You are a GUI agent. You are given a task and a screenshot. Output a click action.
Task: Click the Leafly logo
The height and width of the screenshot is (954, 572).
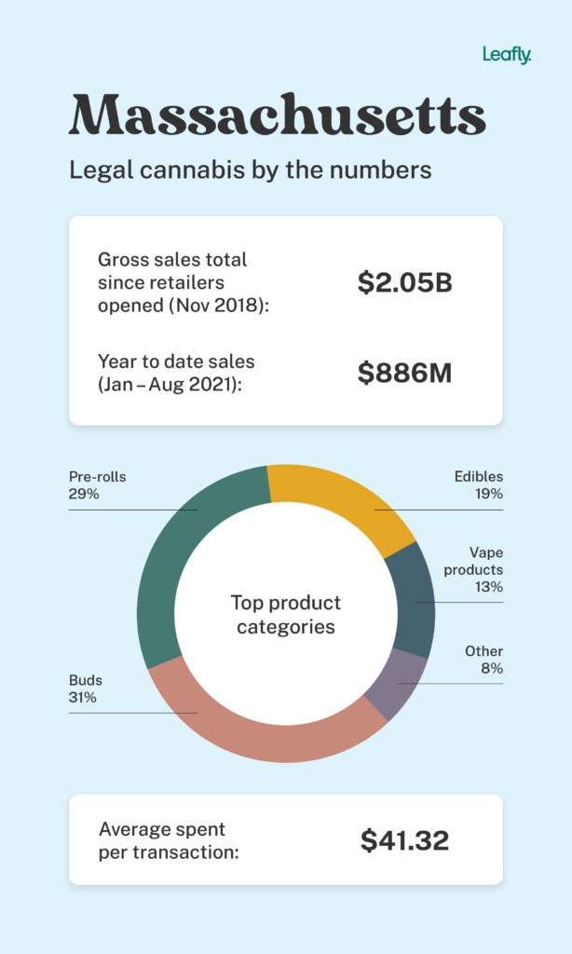tap(506, 55)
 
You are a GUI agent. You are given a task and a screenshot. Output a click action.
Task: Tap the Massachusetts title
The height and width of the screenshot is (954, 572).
tap(277, 116)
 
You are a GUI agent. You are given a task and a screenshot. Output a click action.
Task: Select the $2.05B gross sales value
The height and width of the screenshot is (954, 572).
tap(404, 283)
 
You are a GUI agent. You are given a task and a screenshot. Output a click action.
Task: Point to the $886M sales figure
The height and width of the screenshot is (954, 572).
tap(404, 373)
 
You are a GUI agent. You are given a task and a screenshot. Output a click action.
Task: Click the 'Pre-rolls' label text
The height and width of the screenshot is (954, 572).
tap(97, 477)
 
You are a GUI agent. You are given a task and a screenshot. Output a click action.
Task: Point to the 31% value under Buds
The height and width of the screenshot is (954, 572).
tap(82, 697)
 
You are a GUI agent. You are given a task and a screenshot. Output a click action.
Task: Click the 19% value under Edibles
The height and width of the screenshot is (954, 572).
tap(488, 494)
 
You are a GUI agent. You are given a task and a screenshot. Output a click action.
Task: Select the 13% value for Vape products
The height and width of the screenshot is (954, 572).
tap(488, 587)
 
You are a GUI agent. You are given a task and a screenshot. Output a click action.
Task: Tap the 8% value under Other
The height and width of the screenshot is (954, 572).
tap(492, 668)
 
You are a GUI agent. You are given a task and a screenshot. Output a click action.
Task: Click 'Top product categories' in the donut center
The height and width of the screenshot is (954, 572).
tap(286, 614)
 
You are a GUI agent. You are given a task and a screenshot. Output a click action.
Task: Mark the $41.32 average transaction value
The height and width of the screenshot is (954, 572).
tap(404, 840)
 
